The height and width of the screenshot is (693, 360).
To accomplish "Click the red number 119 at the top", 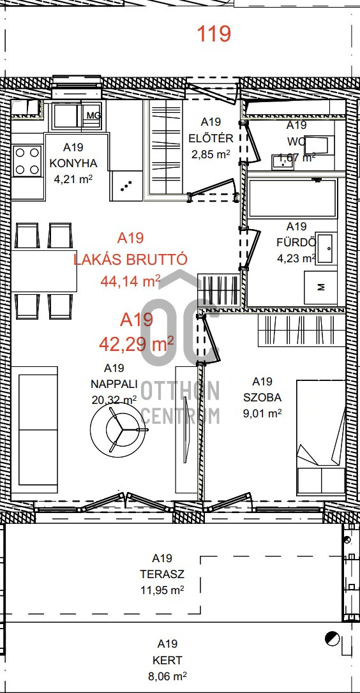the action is click(x=214, y=34).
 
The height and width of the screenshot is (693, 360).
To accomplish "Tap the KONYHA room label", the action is click(x=73, y=163).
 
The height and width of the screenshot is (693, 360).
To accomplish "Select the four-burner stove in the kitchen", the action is click(x=27, y=160).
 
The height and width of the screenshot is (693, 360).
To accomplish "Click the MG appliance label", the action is click(x=94, y=115).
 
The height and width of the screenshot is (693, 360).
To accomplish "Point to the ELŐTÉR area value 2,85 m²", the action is click(x=211, y=154).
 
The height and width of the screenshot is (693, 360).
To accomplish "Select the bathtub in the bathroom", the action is click(x=292, y=198).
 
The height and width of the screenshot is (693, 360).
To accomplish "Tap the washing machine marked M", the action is click(x=320, y=287).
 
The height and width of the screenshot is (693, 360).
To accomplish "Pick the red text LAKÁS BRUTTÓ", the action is click(x=130, y=259).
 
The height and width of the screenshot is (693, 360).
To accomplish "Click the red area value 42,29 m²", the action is click(x=136, y=343).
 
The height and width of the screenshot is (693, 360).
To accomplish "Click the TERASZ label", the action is click(x=162, y=574).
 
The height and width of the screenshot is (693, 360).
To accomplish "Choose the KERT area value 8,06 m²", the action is click(x=167, y=676).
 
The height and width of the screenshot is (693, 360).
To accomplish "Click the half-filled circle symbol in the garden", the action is click(x=332, y=639).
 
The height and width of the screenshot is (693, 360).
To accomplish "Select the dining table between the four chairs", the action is click(x=44, y=271).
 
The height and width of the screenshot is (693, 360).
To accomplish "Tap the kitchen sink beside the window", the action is click(x=66, y=115).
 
